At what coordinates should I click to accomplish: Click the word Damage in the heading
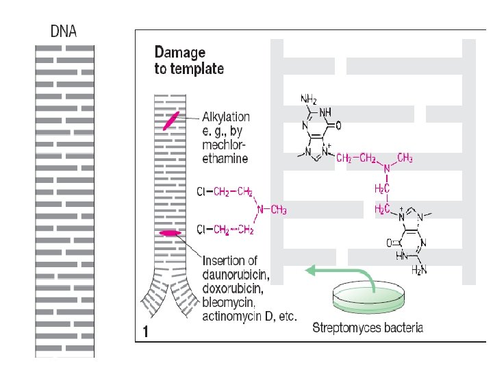[x=180, y=52]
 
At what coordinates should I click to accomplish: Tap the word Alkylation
[x=226, y=118]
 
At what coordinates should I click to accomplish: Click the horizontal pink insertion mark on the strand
[x=169, y=234]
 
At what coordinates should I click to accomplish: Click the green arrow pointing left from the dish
[x=322, y=271]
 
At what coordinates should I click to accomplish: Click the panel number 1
[x=146, y=332]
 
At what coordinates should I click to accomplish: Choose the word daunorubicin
[x=236, y=276]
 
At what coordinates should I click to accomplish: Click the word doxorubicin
[x=233, y=289]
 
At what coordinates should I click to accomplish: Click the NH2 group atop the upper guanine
[x=308, y=100]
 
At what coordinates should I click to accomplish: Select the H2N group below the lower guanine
[x=419, y=270]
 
